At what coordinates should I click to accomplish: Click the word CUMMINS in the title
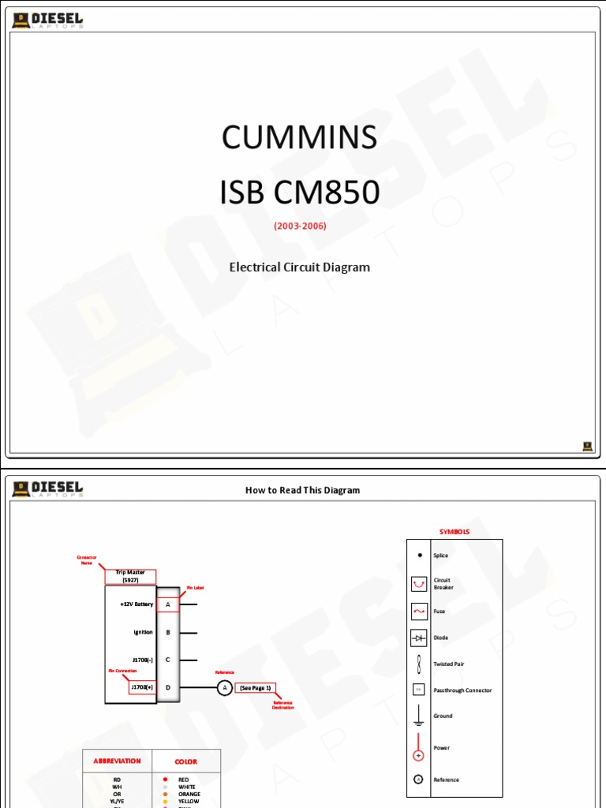click(x=300, y=138)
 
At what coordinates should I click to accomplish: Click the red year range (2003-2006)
click(x=300, y=226)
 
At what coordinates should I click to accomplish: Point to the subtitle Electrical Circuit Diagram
click(x=300, y=267)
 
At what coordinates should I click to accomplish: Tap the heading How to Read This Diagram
click(x=302, y=490)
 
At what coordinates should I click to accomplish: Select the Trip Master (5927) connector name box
click(x=130, y=576)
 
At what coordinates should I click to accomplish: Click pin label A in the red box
click(x=168, y=604)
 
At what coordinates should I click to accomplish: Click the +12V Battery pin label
click(x=137, y=604)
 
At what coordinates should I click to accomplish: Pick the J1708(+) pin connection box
click(x=142, y=687)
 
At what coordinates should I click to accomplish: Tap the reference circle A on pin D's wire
click(x=224, y=688)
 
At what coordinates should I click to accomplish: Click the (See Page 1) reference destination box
click(x=255, y=688)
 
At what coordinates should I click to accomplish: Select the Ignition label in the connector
click(x=143, y=632)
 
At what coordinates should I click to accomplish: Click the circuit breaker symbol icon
click(x=418, y=584)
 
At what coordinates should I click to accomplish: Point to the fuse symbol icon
click(x=418, y=611)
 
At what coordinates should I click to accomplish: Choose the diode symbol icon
click(x=418, y=637)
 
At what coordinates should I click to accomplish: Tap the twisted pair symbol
click(x=418, y=663)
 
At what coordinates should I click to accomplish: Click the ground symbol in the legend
click(x=418, y=716)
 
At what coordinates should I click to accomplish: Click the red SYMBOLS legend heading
click(x=454, y=532)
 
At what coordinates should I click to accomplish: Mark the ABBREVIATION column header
click(x=117, y=761)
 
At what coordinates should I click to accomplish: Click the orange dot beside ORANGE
click(x=165, y=794)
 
